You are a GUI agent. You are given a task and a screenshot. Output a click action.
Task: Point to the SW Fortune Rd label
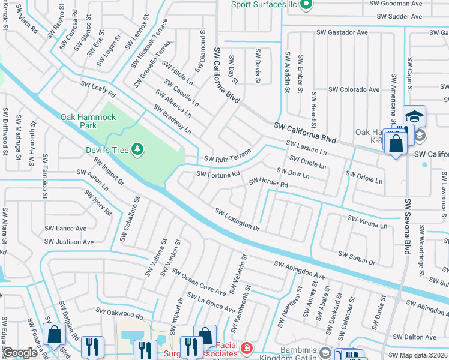pos(219,174)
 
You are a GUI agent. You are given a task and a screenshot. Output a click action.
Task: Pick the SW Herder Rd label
pos(268,182)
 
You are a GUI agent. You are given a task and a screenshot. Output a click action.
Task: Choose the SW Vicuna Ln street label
pos(367,221)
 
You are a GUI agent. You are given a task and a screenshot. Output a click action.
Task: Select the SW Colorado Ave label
pos(354,89)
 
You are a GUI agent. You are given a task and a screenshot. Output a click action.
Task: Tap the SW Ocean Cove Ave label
pos(199,281)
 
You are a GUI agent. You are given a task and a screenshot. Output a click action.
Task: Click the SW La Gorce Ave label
pos(210,302)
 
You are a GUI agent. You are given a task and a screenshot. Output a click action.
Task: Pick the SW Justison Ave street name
pos(70,242)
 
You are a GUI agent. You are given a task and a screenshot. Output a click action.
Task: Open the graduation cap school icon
pos(414,116)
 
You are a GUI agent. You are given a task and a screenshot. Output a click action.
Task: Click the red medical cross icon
pos(246,348)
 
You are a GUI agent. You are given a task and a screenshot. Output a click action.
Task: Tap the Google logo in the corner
pos(20,353)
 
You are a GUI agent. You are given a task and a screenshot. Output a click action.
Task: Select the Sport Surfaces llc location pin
pos(306,5)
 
